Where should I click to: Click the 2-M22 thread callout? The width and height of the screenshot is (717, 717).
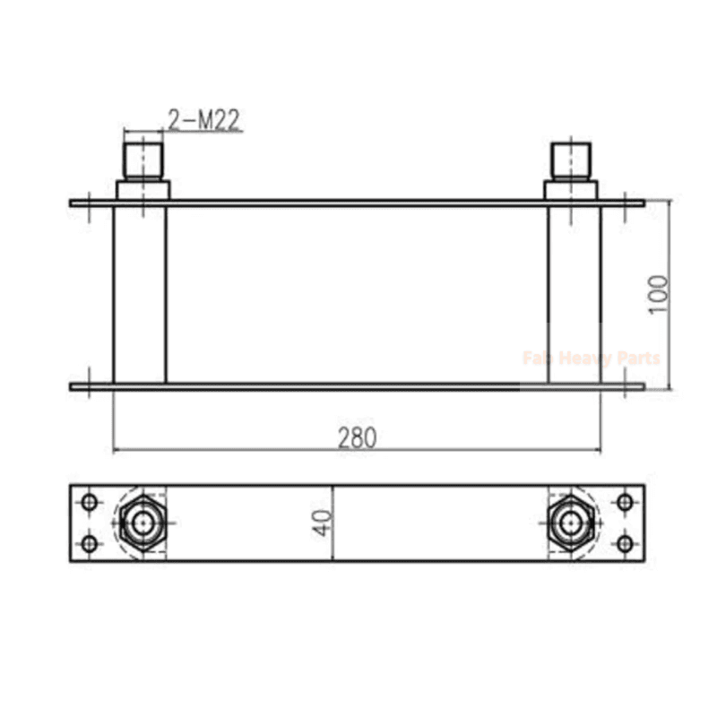pyautogui.click(x=203, y=120)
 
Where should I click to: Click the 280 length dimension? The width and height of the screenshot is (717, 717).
pyautogui.click(x=357, y=437)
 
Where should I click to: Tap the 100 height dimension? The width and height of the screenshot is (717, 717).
pyautogui.click(x=659, y=294)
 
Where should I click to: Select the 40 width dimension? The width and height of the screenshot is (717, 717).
pyautogui.click(x=322, y=523)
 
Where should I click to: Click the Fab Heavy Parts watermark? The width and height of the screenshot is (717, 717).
pyautogui.click(x=592, y=358)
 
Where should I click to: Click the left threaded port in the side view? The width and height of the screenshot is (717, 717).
pyautogui.click(x=143, y=161)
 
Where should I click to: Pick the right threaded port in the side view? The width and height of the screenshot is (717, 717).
pyautogui.click(x=571, y=161)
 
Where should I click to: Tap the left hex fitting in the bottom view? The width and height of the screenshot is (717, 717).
pyautogui.click(x=143, y=523)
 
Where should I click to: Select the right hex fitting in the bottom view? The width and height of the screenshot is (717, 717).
pyautogui.click(x=571, y=523)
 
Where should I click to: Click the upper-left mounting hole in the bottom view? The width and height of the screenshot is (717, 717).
pyautogui.click(x=89, y=502)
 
